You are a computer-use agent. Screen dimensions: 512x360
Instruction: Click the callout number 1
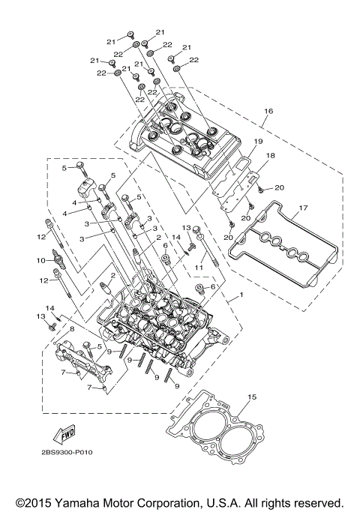click(x=241, y=298)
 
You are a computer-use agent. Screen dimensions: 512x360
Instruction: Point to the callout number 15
click(x=252, y=397)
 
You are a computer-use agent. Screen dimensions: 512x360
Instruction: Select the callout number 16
click(x=267, y=110)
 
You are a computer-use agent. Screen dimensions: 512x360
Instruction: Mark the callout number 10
click(x=42, y=260)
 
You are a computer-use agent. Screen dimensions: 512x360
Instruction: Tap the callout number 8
click(x=73, y=329)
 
